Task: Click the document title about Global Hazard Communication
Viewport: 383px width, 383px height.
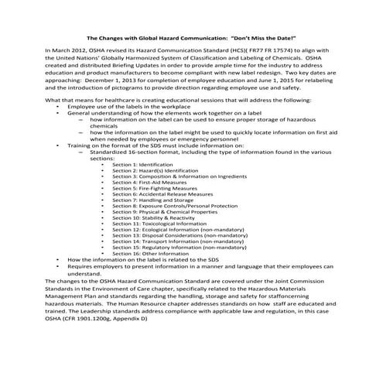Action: click(x=190, y=37)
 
